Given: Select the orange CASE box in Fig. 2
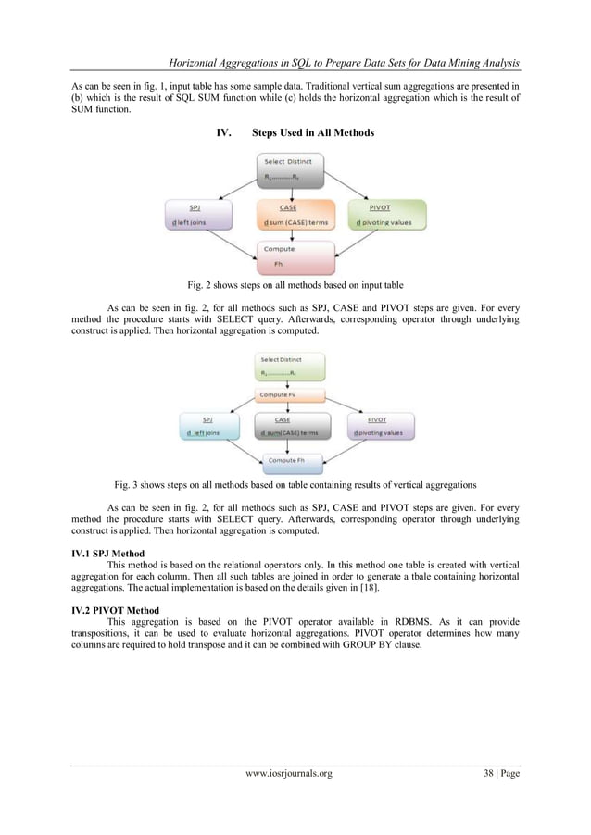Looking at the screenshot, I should click(x=294, y=216).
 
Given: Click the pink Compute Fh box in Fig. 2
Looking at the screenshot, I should click(x=294, y=255).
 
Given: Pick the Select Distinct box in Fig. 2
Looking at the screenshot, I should click(x=294, y=168).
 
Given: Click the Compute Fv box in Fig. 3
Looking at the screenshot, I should click(x=294, y=395).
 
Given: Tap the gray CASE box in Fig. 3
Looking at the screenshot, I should click(x=295, y=426).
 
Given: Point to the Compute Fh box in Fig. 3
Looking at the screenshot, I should click(x=294, y=460).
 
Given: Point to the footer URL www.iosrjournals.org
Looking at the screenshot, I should click(x=287, y=799).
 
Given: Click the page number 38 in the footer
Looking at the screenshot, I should click(x=486, y=799).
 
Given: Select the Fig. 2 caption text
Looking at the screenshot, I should click(x=294, y=284).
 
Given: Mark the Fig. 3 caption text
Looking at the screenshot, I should click(x=295, y=484).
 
